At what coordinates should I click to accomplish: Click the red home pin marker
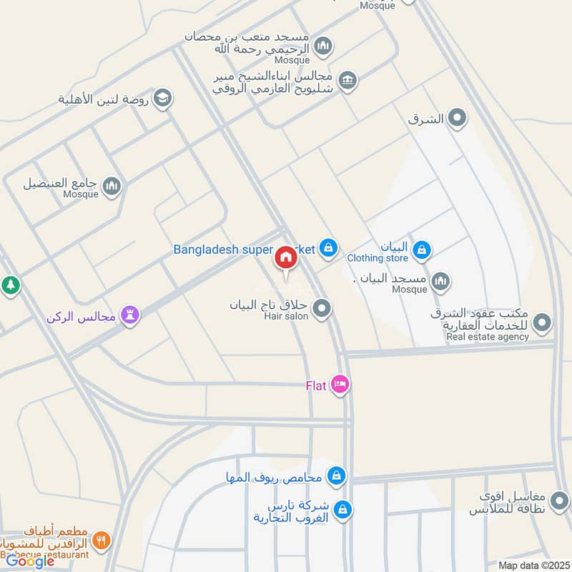tap(285, 258)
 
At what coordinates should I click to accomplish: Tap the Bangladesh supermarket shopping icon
tap(327, 247)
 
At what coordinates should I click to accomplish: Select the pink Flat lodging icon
tap(340, 385)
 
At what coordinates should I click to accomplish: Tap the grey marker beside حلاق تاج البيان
tap(322, 308)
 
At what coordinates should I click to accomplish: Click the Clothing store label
tap(378, 258)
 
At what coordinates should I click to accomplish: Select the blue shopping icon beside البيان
tap(422, 249)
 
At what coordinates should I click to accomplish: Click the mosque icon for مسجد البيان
tap(440, 280)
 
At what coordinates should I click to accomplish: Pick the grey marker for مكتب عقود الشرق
tap(543, 322)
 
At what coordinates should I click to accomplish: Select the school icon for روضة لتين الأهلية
tap(163, 98)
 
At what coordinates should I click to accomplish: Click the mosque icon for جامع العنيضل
tap(112, 187)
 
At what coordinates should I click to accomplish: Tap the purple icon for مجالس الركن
tap(130, 315)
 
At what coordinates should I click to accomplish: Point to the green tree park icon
tap(11, 285)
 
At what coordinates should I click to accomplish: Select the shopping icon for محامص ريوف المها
tap(336, 475)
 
